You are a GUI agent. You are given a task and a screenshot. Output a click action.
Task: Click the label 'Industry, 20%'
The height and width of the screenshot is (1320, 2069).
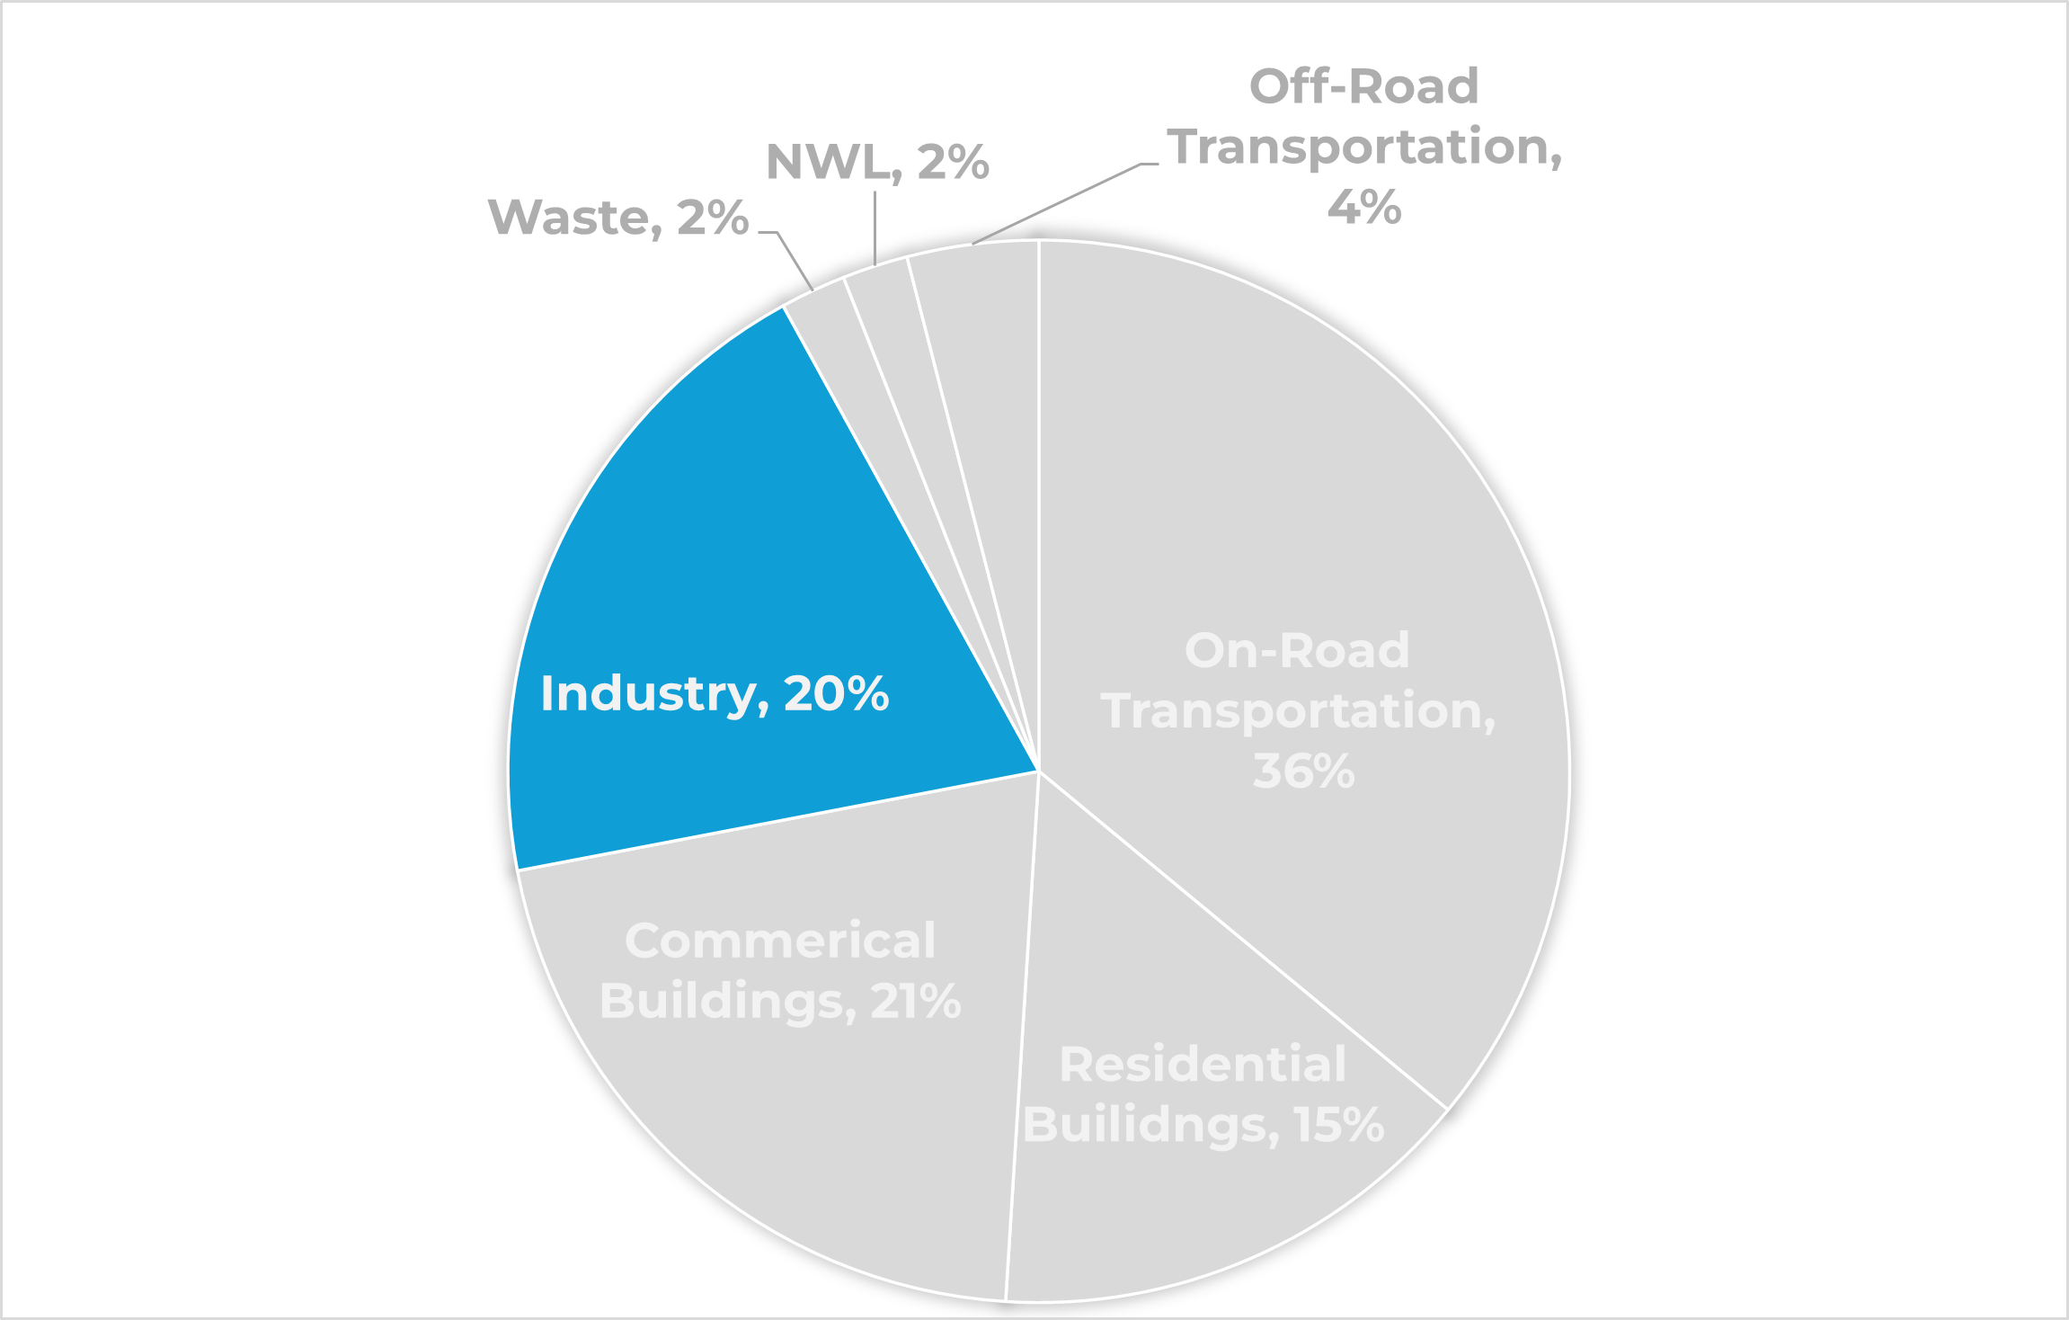click(715, 694)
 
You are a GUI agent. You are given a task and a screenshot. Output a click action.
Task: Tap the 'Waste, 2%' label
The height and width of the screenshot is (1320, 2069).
click(618, 218)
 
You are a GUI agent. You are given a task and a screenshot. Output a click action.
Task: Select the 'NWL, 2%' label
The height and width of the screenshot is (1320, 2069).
click(877, 163)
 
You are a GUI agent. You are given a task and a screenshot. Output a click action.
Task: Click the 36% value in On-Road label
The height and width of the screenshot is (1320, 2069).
click(1303, 771)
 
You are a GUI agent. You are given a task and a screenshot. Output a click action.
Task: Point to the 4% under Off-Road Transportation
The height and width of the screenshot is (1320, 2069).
click(1363, 208)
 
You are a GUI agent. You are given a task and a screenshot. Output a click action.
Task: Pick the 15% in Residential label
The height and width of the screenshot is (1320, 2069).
click(1339, 1125)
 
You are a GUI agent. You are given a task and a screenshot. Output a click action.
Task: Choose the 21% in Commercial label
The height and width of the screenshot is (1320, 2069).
click(915, 1002)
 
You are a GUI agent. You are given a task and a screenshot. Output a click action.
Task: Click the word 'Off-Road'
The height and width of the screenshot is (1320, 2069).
click(1363, 87)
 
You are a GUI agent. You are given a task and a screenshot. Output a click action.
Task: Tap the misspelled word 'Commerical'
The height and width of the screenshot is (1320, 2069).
click(780, 941)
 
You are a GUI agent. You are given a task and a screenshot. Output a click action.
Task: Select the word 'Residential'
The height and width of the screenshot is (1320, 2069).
click(1203, 1065)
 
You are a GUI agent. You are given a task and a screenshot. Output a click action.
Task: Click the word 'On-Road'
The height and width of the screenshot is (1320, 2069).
click(1297, 650)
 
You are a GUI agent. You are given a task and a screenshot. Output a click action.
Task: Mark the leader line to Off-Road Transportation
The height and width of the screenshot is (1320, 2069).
click(1056, 204)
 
